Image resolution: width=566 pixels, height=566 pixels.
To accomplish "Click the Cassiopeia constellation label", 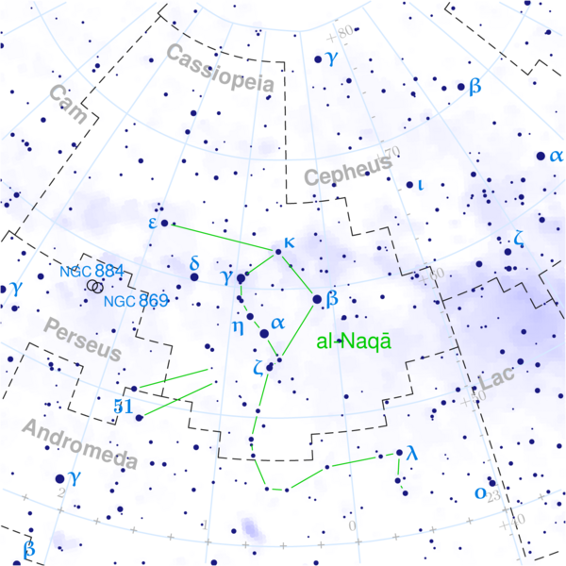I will pos(222,68).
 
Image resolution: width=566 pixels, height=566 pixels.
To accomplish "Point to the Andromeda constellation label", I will pos(80,444).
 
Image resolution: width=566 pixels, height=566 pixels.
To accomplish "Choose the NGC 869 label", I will pos(136,301).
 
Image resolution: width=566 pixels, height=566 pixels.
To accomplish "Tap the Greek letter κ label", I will pos(289,241).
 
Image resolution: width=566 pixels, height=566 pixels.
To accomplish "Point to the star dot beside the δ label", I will pos(194,277).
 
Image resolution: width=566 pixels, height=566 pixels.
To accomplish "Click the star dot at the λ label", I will pos(398,455).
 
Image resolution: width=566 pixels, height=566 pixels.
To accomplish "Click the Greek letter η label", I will pos(238,327).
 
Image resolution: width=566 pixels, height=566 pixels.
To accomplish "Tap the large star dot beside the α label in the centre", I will pos(264,332).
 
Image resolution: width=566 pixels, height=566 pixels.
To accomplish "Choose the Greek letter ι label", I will pos(421,185).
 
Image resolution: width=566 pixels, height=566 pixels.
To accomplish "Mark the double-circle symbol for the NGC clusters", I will pos(95,285).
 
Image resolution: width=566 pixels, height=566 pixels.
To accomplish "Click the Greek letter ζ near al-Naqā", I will pos(258,368).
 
